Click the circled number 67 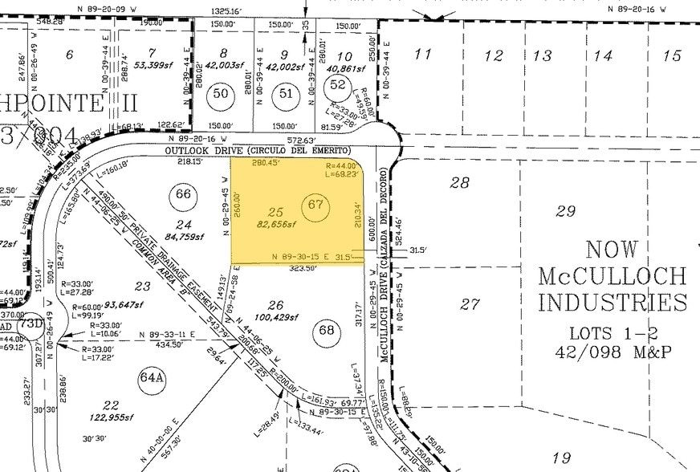[x=315, y=205]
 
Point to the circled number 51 [x=286, y=94]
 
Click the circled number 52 [x=338, y=85]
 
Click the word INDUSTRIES [x=612, y=303]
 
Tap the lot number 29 [x=566, y=210]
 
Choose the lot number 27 [x=470, y=304]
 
